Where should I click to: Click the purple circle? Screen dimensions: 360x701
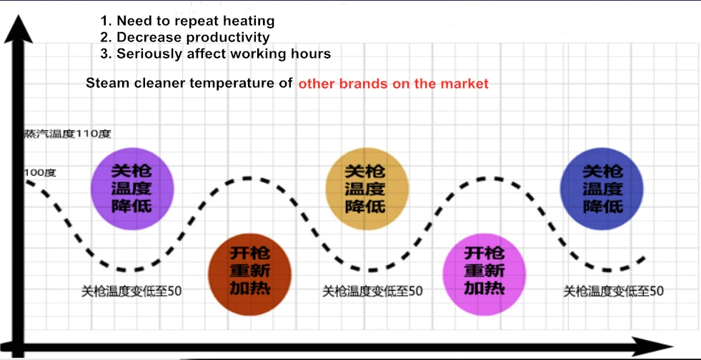coord(131,189)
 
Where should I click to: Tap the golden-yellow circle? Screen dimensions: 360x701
coord(365,189)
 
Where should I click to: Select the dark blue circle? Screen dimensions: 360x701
coord(602,189)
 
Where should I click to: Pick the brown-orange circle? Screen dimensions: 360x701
coord(249,271)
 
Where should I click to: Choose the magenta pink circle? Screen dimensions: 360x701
coord(484,271)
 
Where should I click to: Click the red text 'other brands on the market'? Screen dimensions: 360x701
coord(393,84)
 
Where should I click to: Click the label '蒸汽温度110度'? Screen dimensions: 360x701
coord(68,134)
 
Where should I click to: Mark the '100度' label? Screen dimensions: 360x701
coord(40,173)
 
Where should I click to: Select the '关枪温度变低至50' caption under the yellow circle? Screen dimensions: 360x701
coord(372,291)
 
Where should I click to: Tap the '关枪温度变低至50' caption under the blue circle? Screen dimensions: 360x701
coord(613,291)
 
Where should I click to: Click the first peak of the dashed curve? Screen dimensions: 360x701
coord(247,177)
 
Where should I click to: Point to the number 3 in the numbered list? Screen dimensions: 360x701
coord(105,54)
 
